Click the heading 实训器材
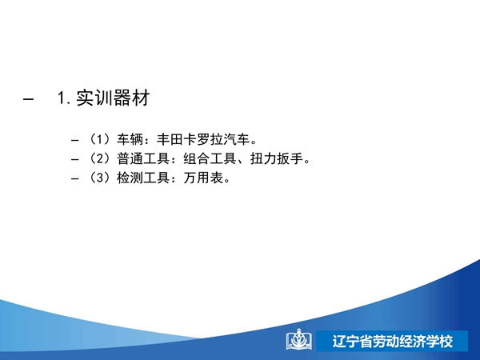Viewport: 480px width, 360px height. pos(113,98)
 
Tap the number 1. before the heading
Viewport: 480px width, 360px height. pos(64,98)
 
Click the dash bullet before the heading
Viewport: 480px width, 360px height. pos(28,99)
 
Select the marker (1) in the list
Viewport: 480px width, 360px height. pos(99,139)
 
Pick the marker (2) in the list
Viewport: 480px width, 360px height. pos(99,158)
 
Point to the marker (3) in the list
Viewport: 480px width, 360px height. pos(99,178)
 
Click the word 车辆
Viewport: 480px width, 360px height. pos(130,139)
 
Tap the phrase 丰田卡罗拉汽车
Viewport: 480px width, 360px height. pos(203,139)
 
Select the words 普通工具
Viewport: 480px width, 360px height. pos(143,158)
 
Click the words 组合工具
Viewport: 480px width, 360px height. pos(210,158)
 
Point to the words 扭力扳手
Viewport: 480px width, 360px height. pos(277,158)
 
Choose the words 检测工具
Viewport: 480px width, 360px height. pos(143,178)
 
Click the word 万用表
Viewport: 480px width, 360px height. pos(203,178)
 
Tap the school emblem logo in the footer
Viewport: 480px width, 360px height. pos(299,339)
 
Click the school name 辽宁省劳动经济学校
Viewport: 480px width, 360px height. pos(393,342)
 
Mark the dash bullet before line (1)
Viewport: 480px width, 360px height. pos(74,141)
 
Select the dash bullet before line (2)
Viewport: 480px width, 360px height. pos(74,160)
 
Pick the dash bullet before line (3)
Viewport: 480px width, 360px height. pos(74,178)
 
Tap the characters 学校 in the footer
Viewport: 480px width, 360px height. pos(439,342)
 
